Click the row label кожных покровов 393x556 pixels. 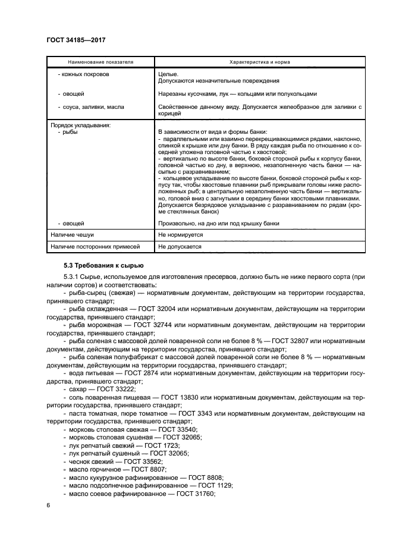(84, 74)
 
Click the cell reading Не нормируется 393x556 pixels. (180, 235)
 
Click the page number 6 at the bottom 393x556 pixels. (48, 505)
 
